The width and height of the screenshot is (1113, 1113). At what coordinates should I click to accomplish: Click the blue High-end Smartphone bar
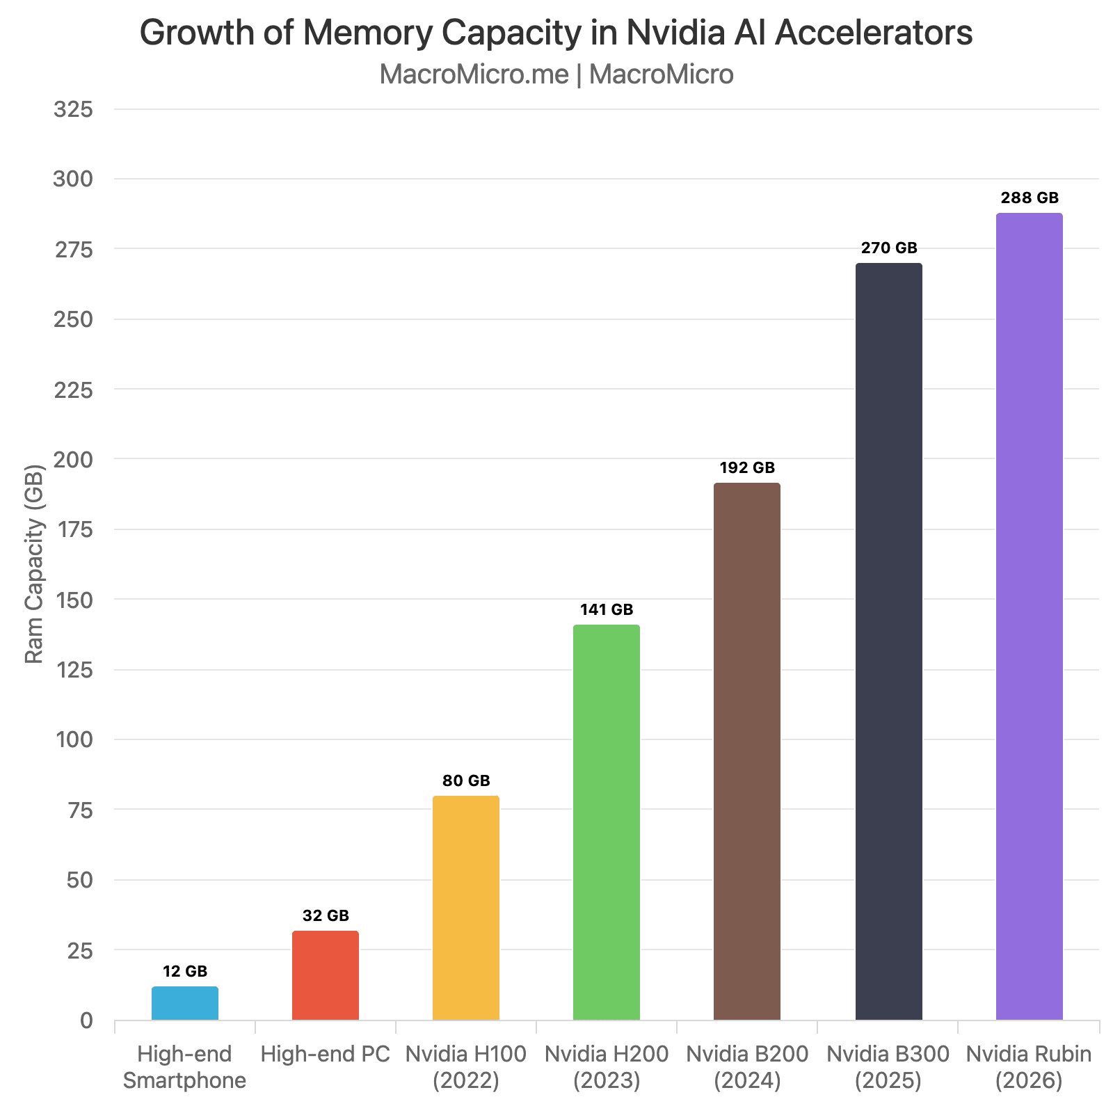185,1003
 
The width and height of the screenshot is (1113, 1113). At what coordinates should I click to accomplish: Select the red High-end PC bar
326,975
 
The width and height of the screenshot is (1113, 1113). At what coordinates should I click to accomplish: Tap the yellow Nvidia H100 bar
466,908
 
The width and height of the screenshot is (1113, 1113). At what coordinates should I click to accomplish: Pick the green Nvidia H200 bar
607,822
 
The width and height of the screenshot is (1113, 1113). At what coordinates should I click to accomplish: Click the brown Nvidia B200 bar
747,751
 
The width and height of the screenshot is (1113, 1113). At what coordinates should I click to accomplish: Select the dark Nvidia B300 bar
889,641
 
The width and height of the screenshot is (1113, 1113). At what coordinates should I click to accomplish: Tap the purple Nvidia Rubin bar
1030,616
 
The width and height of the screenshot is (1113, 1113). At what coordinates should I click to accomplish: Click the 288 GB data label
1030,198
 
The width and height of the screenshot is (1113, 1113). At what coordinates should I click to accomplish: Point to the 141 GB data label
607,610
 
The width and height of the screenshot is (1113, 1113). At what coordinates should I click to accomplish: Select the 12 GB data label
185,971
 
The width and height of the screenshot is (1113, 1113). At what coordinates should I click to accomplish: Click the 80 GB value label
466,780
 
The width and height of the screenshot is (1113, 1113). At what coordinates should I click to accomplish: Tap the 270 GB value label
889,248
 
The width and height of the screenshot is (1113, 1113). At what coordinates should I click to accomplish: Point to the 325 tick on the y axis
73,109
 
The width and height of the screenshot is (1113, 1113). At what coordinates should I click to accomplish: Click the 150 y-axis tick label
73,600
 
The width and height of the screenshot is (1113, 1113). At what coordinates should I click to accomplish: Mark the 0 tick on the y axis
86,1020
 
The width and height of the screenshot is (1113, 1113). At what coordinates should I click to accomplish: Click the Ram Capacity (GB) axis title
34,563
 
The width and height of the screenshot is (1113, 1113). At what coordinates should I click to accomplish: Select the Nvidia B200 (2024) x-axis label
747,1067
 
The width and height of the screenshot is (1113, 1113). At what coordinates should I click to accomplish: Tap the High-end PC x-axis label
326,1055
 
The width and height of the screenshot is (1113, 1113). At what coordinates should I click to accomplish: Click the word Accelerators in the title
874,33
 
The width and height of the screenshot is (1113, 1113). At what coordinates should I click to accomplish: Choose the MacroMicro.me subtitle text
474,74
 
